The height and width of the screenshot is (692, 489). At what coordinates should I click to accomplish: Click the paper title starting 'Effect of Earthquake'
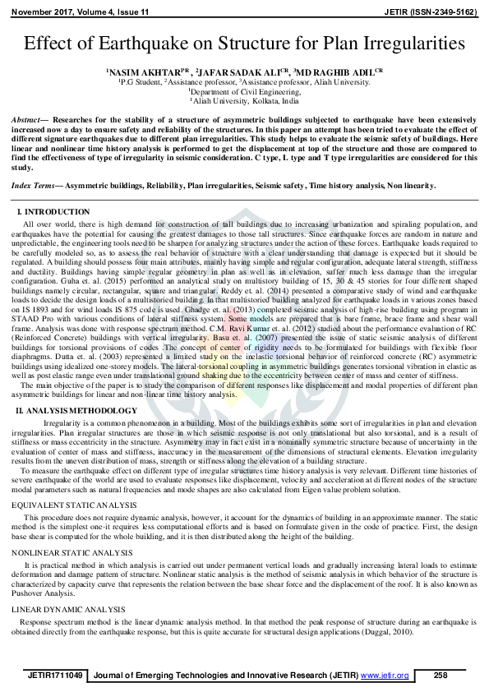(x=244, y=44)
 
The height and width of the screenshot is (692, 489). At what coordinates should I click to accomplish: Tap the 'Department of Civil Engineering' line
(x=244, y=92)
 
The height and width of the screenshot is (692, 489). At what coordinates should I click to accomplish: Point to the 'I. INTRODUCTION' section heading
(x=56, y=213)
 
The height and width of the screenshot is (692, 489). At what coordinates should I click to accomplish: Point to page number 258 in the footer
(x=441, y=675)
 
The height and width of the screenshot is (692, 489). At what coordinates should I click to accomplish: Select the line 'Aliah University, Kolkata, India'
(x=244, y=101)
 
